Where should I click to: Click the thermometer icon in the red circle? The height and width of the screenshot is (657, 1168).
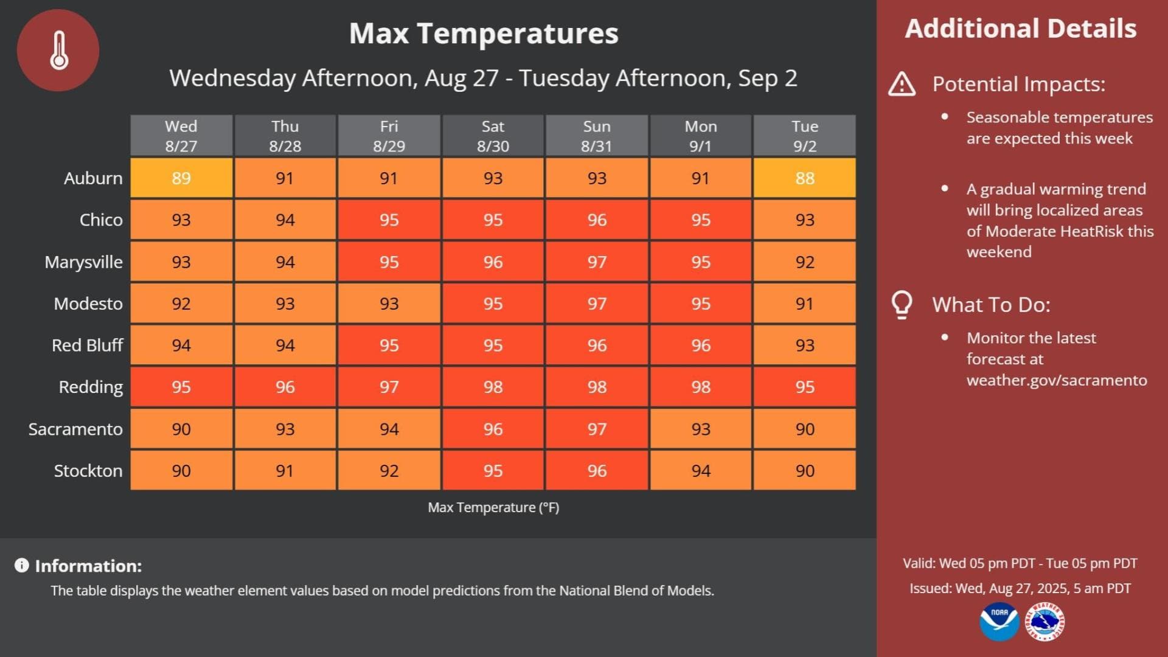click(59, 50)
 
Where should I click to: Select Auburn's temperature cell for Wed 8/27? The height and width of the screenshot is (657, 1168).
click(181, 178)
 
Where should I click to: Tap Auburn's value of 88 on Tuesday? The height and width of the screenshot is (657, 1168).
click(804, 178)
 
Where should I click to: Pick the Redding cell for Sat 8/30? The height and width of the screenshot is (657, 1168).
click(493, 387)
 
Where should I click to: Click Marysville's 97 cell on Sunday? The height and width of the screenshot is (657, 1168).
click(597, 262)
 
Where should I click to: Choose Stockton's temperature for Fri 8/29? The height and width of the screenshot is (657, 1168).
click(389, 471)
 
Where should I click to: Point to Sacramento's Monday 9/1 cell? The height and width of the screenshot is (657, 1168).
click(701, 429)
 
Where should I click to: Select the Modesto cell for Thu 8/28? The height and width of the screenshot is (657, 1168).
click(285, 304)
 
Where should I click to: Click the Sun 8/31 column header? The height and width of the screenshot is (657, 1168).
click(597, 136)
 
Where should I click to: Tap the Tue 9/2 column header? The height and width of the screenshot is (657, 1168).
click(804, 136)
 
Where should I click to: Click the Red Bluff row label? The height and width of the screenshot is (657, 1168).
click(88, 346)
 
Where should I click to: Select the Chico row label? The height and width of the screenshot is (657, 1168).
click(101, 220)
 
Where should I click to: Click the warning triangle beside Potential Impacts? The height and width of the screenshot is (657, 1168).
click(902, 84)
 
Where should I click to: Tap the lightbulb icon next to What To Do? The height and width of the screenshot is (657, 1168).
click(902, 304)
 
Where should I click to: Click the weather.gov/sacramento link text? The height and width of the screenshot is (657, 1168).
click(1057, 380)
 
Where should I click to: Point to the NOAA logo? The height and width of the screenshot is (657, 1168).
click(999, 622)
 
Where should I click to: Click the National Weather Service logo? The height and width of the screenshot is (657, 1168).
click(1045, 622)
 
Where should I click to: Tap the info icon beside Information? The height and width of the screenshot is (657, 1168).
click(22, 566)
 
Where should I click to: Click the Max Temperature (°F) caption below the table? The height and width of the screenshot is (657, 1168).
click(493, 507)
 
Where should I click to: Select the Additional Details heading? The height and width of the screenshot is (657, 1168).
click(1021, 29)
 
